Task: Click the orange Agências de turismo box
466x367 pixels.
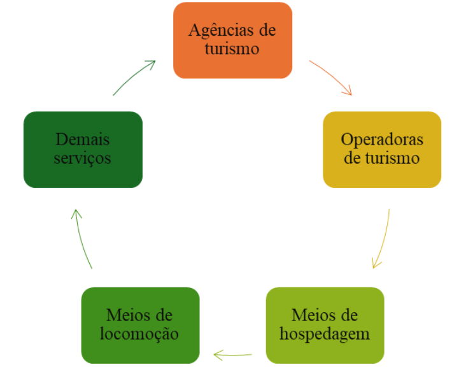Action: pos(232,40)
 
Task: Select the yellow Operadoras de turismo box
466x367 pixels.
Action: pos(382,149)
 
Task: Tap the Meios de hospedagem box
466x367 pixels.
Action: pos(325,325)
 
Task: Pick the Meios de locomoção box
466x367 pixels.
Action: pos(140,325)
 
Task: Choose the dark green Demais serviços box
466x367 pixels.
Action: pos(83,149)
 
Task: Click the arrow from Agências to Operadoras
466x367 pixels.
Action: pos(331,77)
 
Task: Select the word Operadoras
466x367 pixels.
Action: pos(382,140)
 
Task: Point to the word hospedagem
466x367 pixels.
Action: pos(325,334)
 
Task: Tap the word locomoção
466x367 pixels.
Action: pos(139,334)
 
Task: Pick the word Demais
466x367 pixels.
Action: pos(83,140)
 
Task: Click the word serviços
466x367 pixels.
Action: pos(83,158)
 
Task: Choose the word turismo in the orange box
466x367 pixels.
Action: pos(232,49)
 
